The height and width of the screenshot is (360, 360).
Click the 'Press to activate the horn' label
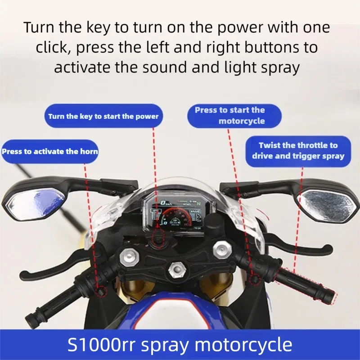tap(50, 151)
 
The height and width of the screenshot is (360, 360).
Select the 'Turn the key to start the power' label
tap(103, 116)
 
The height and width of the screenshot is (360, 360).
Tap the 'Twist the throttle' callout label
tap(298, 151)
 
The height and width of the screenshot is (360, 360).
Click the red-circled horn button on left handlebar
tap(102, 292)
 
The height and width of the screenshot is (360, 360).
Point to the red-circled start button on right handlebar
tap(255, 279)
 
